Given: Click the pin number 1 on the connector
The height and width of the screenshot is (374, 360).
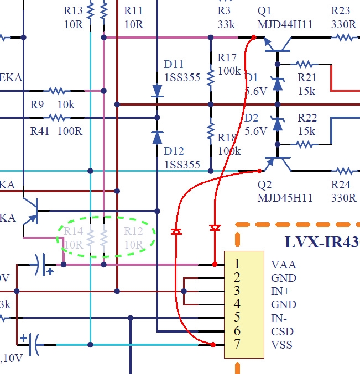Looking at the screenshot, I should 237,265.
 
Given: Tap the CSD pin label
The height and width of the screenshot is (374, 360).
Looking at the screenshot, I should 283,331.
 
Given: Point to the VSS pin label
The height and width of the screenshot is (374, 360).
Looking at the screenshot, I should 283,345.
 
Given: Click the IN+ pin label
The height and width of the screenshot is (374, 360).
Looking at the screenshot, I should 281,291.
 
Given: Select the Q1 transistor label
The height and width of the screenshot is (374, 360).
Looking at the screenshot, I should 265,10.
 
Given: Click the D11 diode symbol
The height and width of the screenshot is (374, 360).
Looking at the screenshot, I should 157,91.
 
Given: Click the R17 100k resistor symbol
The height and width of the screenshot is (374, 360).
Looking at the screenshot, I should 210,77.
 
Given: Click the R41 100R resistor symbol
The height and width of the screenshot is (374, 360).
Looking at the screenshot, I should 56,118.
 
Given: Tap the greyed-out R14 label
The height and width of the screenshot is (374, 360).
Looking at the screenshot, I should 73,231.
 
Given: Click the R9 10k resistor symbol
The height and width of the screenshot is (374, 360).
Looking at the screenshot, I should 56,91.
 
